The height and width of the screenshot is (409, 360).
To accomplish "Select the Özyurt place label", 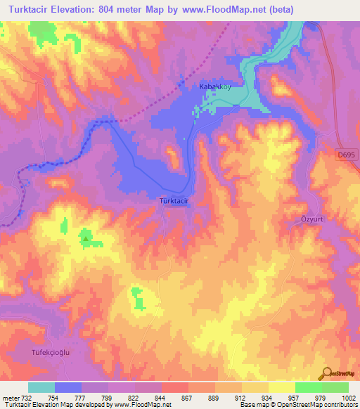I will (x=306, y=218).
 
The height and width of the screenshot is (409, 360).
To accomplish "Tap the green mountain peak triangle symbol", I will (x=86, y=239).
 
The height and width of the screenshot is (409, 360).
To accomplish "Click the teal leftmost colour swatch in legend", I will (x=41, y=387).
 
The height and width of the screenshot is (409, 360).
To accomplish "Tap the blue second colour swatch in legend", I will (x=68, y=387).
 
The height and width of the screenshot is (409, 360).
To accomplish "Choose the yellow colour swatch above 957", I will (x=281, y=387).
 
